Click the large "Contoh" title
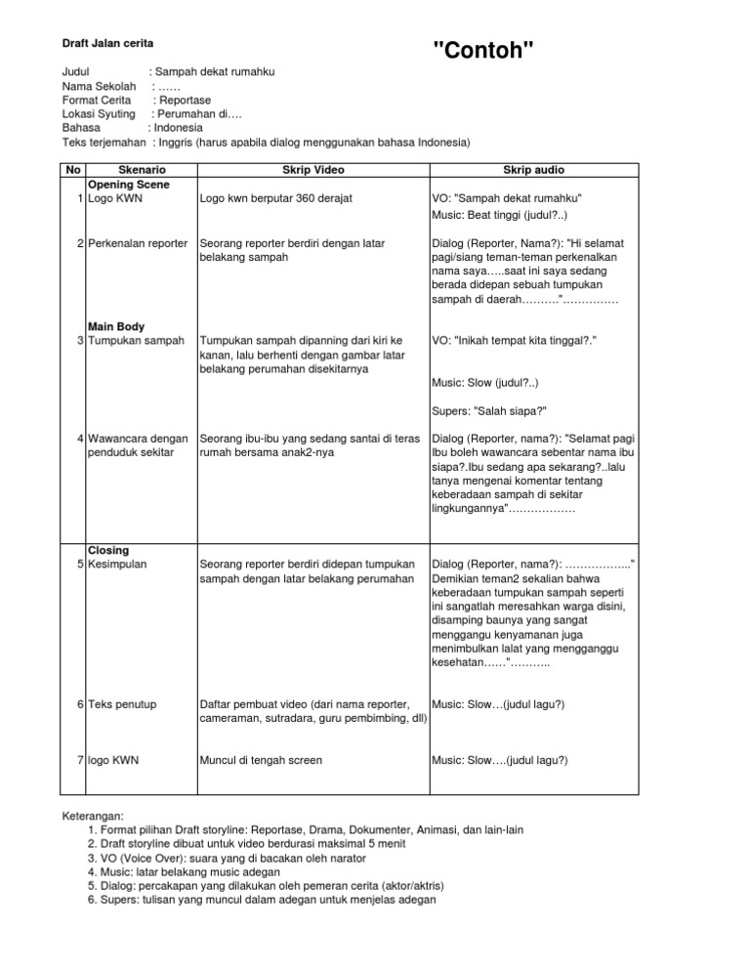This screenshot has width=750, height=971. click(x=483, y=51)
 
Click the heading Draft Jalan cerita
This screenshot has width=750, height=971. click(x=107, y=44)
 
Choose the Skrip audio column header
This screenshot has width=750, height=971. click(x=533, y=170)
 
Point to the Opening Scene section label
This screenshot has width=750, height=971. click(x=129, y=184)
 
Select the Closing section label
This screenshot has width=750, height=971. click(x=108, y=550)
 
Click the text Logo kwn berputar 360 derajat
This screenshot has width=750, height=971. click(x=275, y=198)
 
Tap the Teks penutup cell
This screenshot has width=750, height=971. click(x=121, y=704)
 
